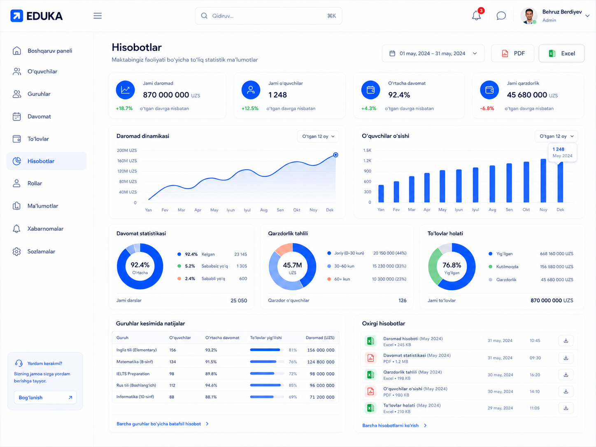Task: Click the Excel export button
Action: (x=561, y=54)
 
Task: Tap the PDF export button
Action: (x=512, y=54)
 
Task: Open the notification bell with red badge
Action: (x=477, y=16)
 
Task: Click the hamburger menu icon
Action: (x=98, y=16)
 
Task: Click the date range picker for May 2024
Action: (x=433, y=54)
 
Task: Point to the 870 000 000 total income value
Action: (x=166, y=95)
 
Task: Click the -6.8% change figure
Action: (x=487, y=108)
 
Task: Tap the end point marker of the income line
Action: (x=335, y=155)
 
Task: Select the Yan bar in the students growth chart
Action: (x=381, y=193)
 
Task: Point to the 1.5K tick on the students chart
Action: (x=367, y=150)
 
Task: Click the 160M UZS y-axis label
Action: (x=127, y=161)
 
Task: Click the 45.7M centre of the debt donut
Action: (x=292, y=265)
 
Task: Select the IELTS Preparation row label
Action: (x=133, y=374)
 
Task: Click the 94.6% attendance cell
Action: (x=211, y=385)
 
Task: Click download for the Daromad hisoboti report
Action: (x=566, y=341)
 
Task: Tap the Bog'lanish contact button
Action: (x=45, y=397)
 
